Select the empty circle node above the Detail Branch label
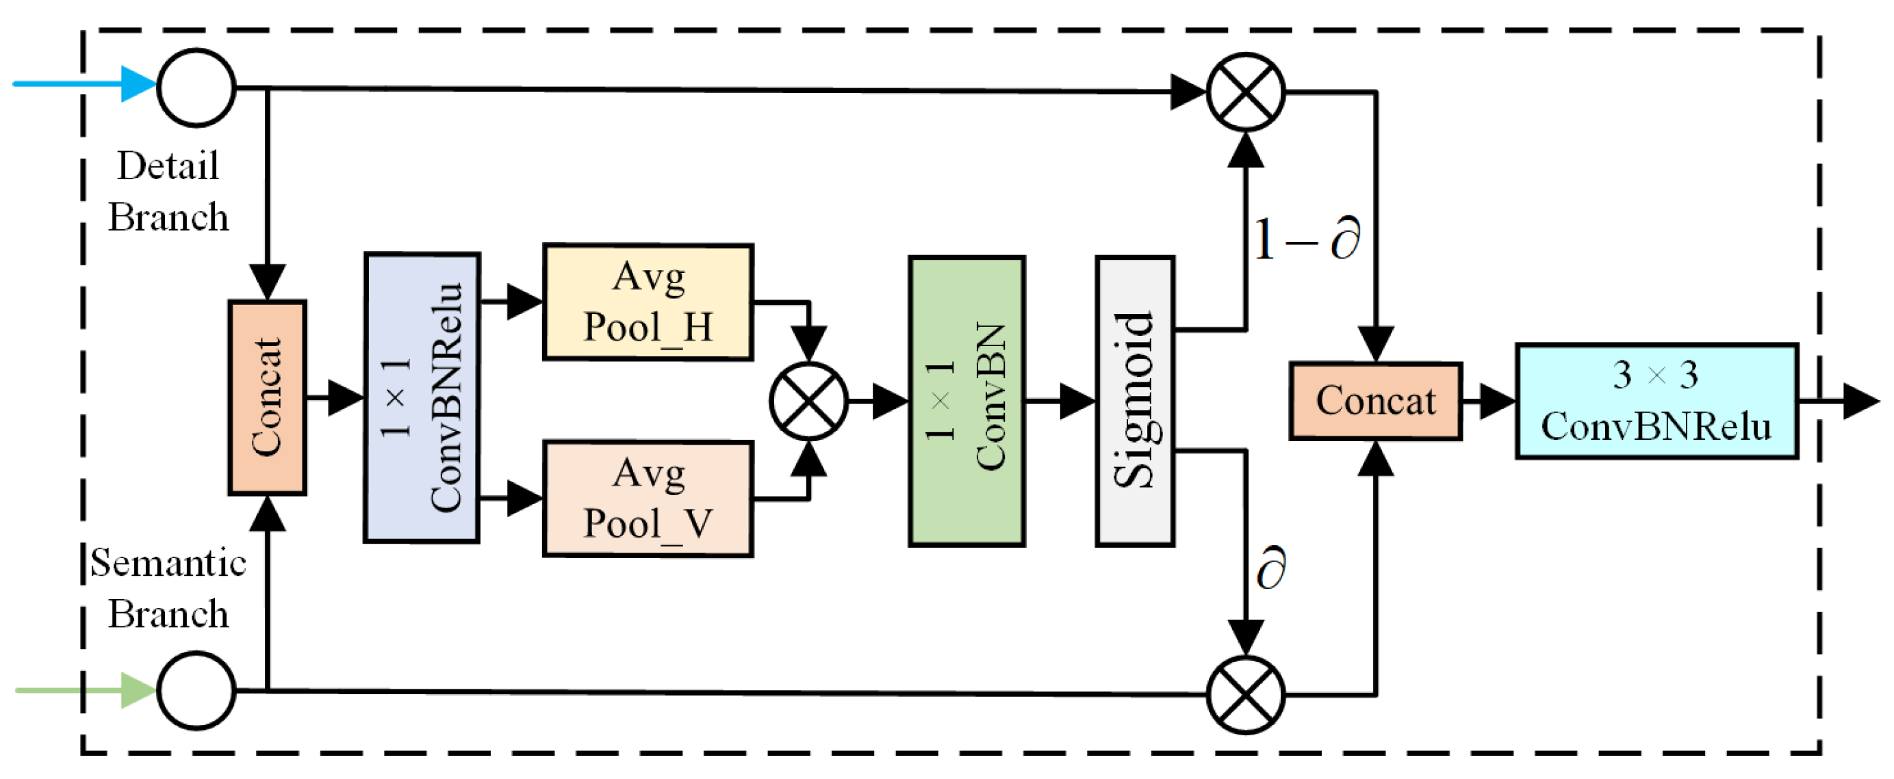click(196, 88)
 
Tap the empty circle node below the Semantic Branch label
click(196, 690)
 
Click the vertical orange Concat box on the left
click(267, 397)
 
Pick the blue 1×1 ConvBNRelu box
click(422, 397)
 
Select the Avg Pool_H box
click(648, 302)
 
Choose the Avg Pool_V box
click(648, 499)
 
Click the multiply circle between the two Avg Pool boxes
click(809, 401)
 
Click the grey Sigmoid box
click(1134, 401)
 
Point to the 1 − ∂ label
click(1307, 239)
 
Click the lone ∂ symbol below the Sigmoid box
click(1271, 568)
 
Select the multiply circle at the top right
click(1246, 92)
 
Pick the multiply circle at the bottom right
click(1246, 694)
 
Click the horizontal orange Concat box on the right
click(1376, 401)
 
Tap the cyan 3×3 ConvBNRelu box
click(1656, 401)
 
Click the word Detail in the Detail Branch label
click(168, 166)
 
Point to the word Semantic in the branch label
click(168, 563)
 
